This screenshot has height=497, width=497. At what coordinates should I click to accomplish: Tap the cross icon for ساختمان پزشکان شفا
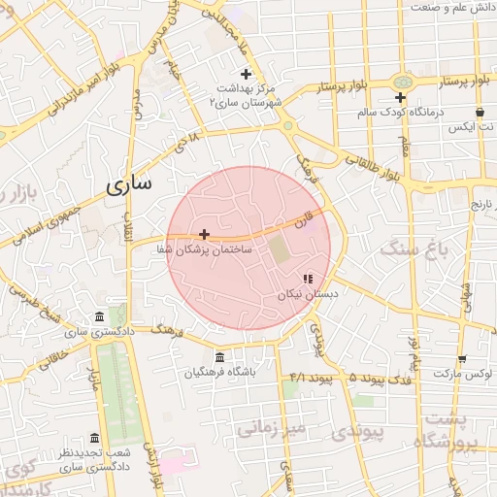[204, 234]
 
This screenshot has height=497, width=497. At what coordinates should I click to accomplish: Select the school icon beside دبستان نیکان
[308, 279]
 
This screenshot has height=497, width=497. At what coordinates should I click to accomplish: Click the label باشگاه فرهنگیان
[219, 373]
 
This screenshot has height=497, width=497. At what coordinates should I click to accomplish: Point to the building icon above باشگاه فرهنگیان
[219, 357]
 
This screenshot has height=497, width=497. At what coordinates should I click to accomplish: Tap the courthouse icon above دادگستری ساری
[100, 317]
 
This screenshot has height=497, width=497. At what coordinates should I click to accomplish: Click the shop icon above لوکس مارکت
[462, 358]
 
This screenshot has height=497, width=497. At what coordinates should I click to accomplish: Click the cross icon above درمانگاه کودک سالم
[400, 97]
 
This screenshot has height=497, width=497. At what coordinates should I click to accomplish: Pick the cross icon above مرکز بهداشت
[246, 74]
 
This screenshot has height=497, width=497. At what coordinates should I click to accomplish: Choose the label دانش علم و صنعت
[451, 7]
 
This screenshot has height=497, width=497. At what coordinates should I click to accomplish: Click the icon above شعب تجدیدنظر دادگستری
[94, 438]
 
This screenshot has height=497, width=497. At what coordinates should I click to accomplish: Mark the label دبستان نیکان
[307, 294]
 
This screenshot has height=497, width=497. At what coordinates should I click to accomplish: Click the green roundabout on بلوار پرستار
[400, 82]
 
